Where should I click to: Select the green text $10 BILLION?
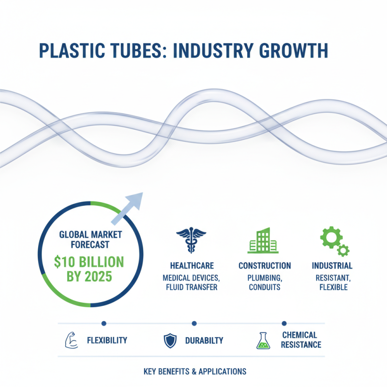coord(89,262)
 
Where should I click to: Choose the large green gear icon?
coord(331,237)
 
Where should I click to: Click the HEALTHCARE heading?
coord(192,266)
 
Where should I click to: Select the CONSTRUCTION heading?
coord(265,266)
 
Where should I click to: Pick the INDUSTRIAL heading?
coord(332,266)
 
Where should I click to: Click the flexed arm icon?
coord(71,341)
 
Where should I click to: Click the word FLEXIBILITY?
coord(107,341)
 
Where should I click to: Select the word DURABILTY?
coord(204,341)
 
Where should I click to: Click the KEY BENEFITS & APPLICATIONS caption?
coord(195,372)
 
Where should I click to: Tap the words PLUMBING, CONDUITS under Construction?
coord(265,282)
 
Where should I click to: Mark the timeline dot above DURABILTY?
coord(194,323)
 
